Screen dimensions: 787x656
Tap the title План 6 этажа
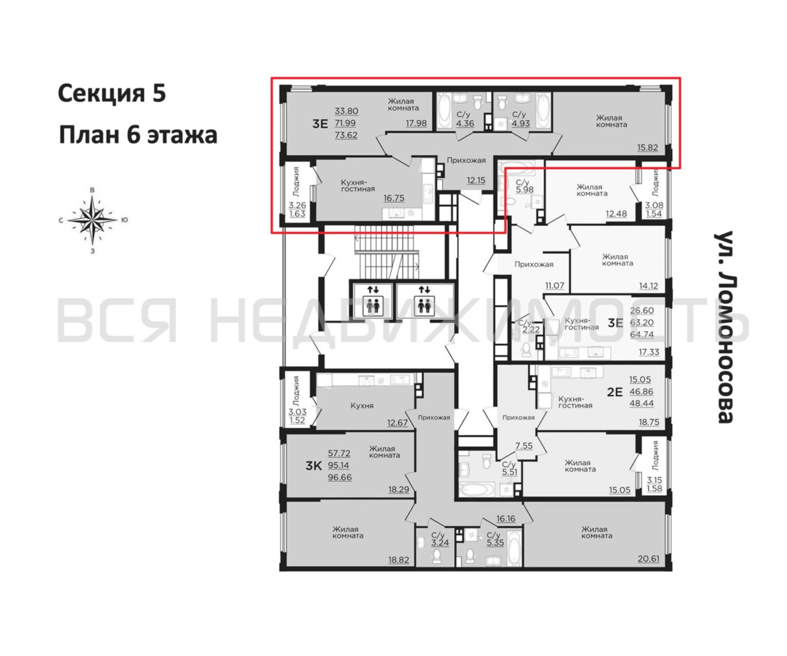tap(138, 135)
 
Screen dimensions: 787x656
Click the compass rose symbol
tap(92, 220)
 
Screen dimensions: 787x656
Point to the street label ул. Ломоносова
tap(724, 327)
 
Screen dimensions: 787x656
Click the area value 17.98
tap(416, 123)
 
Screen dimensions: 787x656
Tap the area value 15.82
tap(648, 148)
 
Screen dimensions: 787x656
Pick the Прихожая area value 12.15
tap(476, 180)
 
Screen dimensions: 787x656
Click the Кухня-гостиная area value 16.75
tap(394, 198)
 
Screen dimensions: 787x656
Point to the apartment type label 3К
tap(314, 466)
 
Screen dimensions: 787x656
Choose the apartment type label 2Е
tap(615, 392)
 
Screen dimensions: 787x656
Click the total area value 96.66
tap(340, 478)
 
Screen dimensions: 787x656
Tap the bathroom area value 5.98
tap(525, 190)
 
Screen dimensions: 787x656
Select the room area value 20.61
tap(648, 559)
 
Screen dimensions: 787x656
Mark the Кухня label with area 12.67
tap(362, 405)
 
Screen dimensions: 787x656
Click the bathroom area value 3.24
tap(440, 543)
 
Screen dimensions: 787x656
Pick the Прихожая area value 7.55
tap(524, 445)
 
